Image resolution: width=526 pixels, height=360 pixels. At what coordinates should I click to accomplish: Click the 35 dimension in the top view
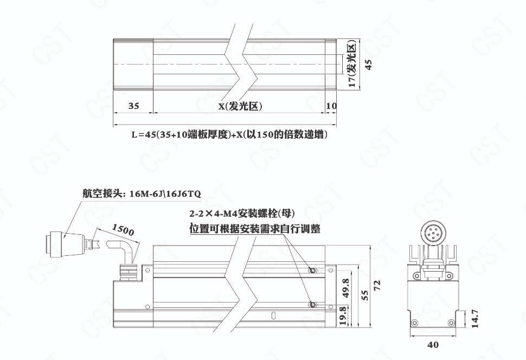point(133,106)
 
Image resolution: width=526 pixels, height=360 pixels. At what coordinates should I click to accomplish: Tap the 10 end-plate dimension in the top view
point(331,106)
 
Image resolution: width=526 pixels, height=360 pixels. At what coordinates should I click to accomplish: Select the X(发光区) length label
point(241,106)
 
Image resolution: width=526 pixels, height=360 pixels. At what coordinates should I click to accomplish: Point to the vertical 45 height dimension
point(368,65)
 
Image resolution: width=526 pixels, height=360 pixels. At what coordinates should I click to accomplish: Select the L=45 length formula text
point(229,134)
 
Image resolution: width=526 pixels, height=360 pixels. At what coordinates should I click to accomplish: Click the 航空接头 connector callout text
point(142,194)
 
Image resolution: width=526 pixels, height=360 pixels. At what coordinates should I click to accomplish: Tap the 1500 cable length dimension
point(123,230)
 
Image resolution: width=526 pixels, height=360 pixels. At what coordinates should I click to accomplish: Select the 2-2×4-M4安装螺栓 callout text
point(242,213)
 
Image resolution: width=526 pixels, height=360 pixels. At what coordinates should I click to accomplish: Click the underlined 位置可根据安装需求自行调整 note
point(255,229)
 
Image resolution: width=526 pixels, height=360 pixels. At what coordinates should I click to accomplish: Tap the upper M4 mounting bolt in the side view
point(312,270)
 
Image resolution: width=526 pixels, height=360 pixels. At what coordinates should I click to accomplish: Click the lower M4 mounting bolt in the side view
point(312,305)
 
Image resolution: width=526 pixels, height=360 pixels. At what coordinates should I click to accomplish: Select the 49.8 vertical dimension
point(345,288)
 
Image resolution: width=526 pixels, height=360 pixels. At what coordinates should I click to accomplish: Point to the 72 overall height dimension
point(377,286)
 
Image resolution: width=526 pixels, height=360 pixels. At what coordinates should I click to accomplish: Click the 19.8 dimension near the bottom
point(343,316)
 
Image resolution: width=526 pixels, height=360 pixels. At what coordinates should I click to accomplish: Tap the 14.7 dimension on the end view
point(474,319)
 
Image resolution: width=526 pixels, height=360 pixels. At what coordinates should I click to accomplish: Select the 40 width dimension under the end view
point(433,345)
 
